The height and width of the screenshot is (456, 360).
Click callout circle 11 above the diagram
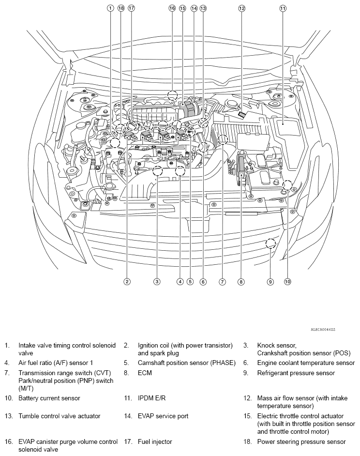(283, 8)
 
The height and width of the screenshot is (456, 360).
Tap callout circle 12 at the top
(241, 8)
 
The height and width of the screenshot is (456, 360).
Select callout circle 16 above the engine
(172, 8)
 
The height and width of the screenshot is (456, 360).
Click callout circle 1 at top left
(110, 8)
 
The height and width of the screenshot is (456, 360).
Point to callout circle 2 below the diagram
(127, 281)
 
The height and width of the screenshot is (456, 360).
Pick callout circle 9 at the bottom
(270, 281)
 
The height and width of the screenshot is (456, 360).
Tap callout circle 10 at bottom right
(287, 281)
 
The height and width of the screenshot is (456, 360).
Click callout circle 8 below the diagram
(240, 281)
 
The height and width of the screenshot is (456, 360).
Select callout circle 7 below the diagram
(223, 281)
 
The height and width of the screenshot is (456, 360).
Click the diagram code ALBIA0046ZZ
(323, 329)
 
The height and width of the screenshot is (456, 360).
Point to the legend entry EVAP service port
(163, 416)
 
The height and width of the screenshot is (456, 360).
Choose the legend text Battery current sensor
(49, 398)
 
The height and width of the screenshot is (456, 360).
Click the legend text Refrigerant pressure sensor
(296, 373)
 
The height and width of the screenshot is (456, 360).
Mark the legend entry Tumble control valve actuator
(60, 416)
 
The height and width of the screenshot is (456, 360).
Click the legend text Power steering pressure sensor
(301, 441)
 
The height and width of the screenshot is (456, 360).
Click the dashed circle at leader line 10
(287, 185)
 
